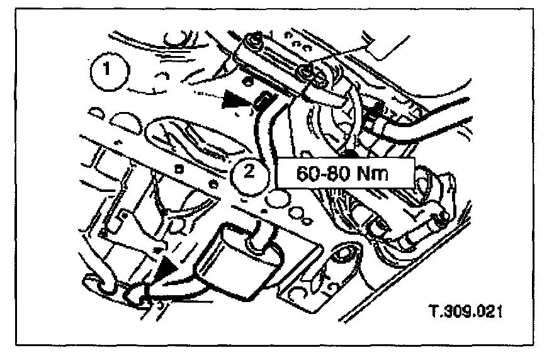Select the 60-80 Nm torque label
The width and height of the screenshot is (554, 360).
click(344, 172)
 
